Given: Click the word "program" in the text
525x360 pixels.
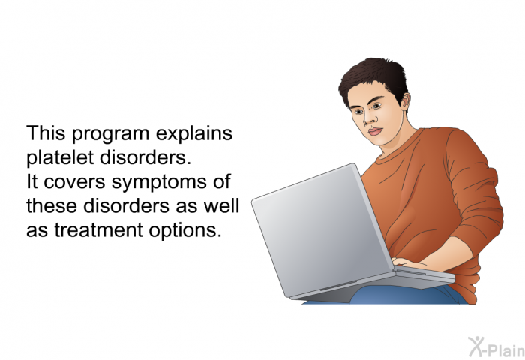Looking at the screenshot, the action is pos(110,134).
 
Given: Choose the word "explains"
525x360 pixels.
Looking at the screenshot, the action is pos(193,134).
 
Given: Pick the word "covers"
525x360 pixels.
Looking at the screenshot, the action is pos(75,182).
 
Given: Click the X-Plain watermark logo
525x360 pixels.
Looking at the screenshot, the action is pos(496,347).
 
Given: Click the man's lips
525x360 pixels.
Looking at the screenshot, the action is pos(375,131).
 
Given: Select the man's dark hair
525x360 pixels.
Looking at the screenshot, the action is pos(373,78).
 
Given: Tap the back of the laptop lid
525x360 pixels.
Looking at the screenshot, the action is pos(322,231).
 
